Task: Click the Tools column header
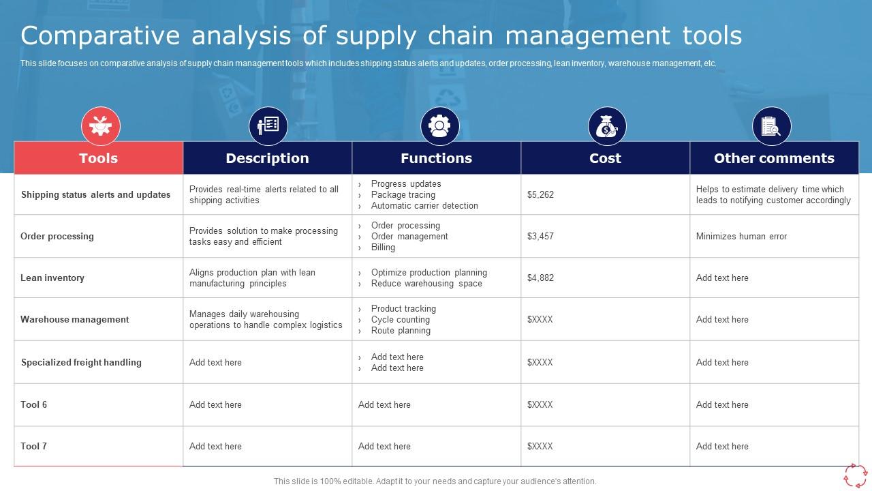98,158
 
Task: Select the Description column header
267,158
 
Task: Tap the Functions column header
436,158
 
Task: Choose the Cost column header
605,158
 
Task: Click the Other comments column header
774,158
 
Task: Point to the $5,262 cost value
540,195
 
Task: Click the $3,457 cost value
540,237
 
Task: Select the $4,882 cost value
540,278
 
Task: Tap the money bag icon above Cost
607,126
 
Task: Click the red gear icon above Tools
101,126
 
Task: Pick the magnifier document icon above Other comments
771,126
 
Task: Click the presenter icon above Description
268,126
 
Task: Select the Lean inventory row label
52,278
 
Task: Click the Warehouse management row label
74,320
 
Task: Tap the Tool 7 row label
34,447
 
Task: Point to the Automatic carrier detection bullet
424,206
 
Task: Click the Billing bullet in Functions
383,248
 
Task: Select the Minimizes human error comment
741,237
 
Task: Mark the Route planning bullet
401,331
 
